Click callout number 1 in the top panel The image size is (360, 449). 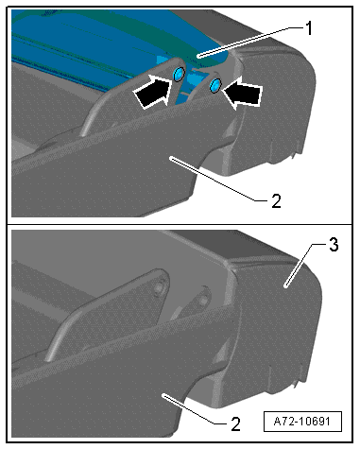(310, 28)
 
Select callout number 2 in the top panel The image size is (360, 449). (276, 201)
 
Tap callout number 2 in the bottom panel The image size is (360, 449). (235, 423)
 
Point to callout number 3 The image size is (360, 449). (334, 245)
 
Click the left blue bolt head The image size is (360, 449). (179, 74)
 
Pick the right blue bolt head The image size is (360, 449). (216, 85)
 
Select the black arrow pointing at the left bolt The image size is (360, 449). (152, 93)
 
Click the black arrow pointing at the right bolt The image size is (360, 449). (242, 93)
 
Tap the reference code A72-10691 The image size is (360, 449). (302, 422)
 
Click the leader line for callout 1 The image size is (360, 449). (251, 42)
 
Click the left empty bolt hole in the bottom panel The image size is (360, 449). (159, 287)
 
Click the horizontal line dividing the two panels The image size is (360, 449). (180, 224)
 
